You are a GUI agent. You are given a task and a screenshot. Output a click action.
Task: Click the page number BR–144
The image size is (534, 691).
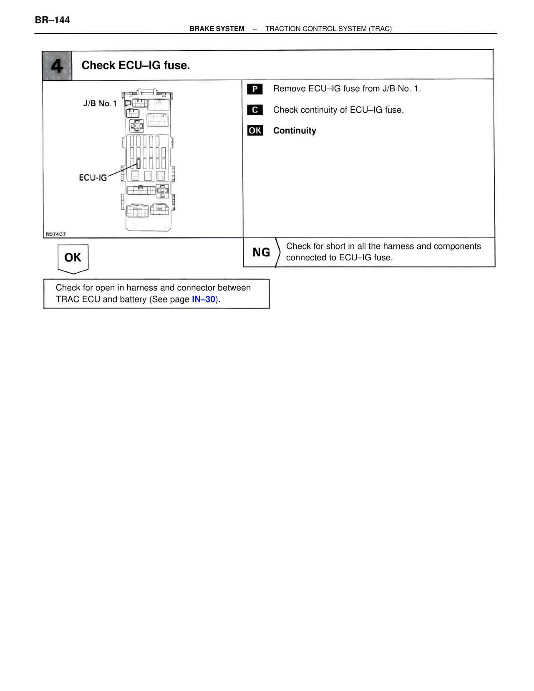[x=52, y=20]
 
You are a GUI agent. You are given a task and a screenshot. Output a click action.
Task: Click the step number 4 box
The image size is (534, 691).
[x=57, y=66]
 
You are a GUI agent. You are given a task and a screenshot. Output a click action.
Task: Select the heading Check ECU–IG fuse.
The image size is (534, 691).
[x=136, y=66]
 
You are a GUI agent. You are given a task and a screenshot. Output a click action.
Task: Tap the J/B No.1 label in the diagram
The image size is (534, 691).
[x=100, y=103]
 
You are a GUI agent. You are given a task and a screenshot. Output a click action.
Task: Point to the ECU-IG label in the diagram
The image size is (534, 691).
[x=93, y=178]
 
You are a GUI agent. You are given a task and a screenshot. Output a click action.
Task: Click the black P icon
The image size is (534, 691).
[x=254, y=89]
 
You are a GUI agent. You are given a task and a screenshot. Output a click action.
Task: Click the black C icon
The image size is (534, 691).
[x=254, y=110]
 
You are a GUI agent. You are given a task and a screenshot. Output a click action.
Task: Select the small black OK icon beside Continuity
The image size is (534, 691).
[x=255, y=131]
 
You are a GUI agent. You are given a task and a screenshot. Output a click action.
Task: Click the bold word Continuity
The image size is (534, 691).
[x=295, y=131]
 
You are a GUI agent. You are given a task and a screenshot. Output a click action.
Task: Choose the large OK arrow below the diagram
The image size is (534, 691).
[x=73, y=258]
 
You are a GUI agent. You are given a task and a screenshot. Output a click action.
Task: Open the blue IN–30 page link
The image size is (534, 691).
[x=204, y=300]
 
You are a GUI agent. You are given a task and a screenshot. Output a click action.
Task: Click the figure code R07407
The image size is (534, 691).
[x=55, y=234]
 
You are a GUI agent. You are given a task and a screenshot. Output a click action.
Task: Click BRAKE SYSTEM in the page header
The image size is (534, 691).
[x=217, y=29]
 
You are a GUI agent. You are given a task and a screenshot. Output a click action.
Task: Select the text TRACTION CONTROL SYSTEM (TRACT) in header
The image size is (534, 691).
[x=328, y=29]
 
